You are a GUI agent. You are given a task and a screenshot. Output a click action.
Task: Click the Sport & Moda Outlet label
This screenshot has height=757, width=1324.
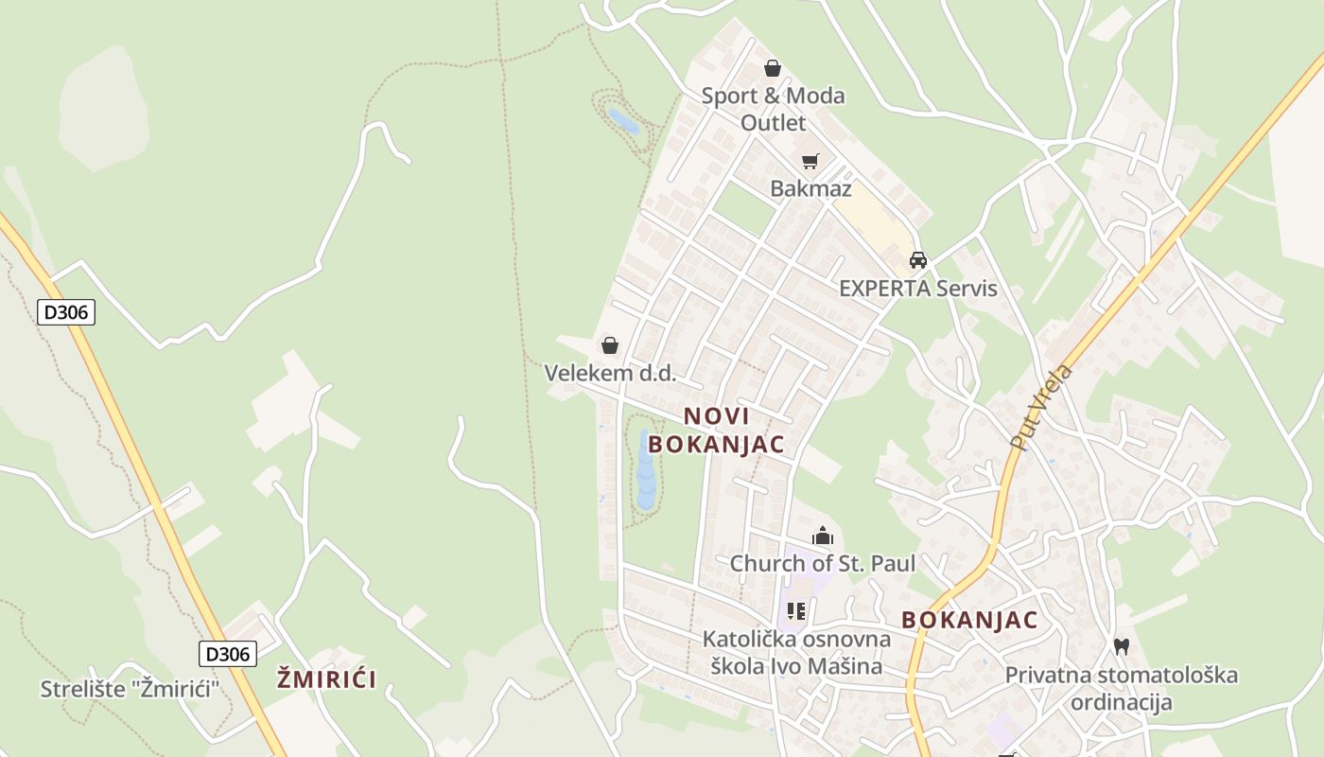pyautogui.click(x=773, y=109)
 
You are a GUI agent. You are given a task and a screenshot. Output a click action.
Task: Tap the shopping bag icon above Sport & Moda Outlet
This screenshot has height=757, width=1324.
pyautogui.click(x=773, y=68)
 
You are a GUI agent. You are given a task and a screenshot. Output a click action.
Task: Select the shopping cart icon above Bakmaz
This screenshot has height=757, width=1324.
pyautogui.click(x=810, y=161)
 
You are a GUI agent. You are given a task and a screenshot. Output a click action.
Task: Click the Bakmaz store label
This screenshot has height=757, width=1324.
pyautogui.click(x=810, y=188)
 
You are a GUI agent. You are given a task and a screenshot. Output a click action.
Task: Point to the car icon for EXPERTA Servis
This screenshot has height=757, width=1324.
pyautogui.click(x=917, y=260)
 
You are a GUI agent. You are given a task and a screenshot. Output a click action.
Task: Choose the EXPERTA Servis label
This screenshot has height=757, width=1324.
pyautogui.click(x=917, y=288)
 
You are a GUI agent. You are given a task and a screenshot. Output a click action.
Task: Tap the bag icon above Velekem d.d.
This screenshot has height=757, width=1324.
pyautogui.click(x=610, y=345)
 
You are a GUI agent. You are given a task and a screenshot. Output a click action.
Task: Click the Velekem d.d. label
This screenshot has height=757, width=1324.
pyautogui.click(x=610, y=373)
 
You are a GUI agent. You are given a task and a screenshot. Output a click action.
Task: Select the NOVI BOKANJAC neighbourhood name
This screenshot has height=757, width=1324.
pyautogui.click(x=716, y=430)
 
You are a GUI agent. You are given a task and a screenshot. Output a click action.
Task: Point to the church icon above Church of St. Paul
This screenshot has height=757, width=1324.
pyautogui.click(x=823, y=537)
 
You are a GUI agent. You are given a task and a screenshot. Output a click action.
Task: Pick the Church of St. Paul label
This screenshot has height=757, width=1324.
pyautogui.click(x=822, y=564)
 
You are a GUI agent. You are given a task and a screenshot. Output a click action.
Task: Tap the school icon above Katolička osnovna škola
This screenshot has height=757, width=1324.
pyautogui.click(x=796, y=611)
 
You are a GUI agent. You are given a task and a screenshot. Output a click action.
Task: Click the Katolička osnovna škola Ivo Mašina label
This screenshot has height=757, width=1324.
pyautogui.click(x=796, y=652)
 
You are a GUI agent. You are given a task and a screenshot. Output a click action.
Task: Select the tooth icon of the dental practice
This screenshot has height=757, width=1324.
pyautogui.click(x=1122, y=647)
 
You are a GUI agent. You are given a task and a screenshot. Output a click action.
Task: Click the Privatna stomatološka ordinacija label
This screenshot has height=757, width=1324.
pyautogui.click(x=1121, y=688)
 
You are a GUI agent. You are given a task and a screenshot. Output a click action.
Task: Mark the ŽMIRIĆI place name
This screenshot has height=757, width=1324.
pyautogui.click(x=326, y=678)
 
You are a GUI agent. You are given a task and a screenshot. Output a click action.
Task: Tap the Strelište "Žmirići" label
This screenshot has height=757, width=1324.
pyautogui.click(x=130, y=688)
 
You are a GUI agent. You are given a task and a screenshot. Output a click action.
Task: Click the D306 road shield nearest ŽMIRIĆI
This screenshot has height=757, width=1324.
pyautogui.click(x=228, y=653)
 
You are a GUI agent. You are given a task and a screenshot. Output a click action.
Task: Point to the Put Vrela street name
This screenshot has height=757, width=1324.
pyautogui.click(x=1041, y=406)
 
